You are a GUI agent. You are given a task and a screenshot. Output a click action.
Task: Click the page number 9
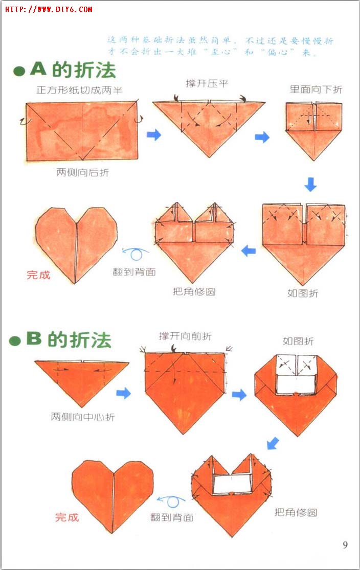pos(345,544)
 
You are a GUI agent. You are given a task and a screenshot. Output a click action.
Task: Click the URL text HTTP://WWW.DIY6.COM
pos(49,9)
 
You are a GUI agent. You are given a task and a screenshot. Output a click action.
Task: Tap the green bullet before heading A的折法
pos(19,72)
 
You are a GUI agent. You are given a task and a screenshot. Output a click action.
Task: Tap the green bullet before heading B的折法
pos(15,341)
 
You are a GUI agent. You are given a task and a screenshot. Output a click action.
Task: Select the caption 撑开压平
pos(207,83)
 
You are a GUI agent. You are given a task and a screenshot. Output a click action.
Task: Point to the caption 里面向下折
pos(316,89)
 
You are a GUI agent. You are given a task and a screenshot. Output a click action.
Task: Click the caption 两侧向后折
pos(82,173)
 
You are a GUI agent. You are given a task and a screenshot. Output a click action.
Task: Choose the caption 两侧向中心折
pos(82,417)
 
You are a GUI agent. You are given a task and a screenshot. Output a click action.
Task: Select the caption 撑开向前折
pos(185,336)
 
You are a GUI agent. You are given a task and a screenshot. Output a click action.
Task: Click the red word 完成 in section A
pos(39,275)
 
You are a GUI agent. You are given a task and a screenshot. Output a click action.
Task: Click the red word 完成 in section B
pos(67,517)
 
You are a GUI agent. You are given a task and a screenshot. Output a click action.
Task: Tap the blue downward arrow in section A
pos(310,184)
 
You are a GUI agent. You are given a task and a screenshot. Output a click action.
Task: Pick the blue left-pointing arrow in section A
pos(249,250)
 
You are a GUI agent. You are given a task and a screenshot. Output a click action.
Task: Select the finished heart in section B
pos(112,493)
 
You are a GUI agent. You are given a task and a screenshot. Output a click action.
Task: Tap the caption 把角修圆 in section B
pos(296,512)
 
